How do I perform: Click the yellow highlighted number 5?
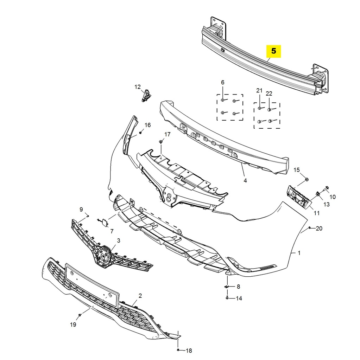click(274, 51)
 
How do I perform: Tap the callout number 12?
click(137, 87)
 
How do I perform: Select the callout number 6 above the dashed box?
click(222, 82)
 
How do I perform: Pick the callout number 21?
click(259, 91)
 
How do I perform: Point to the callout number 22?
click(269, 94)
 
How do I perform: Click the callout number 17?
click(167, 134)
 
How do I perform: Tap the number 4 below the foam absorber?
click(245, 181)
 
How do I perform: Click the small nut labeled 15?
click(307, 180)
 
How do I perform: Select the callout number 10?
click(332, 197)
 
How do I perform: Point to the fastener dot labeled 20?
click(309, 229)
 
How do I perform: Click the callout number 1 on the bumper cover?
click(299, 253)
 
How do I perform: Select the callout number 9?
click(81, 210)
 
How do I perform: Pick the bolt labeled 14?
click(227, 298)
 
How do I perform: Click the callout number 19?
click(73, 325)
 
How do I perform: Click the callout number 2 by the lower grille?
click(140, 296)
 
